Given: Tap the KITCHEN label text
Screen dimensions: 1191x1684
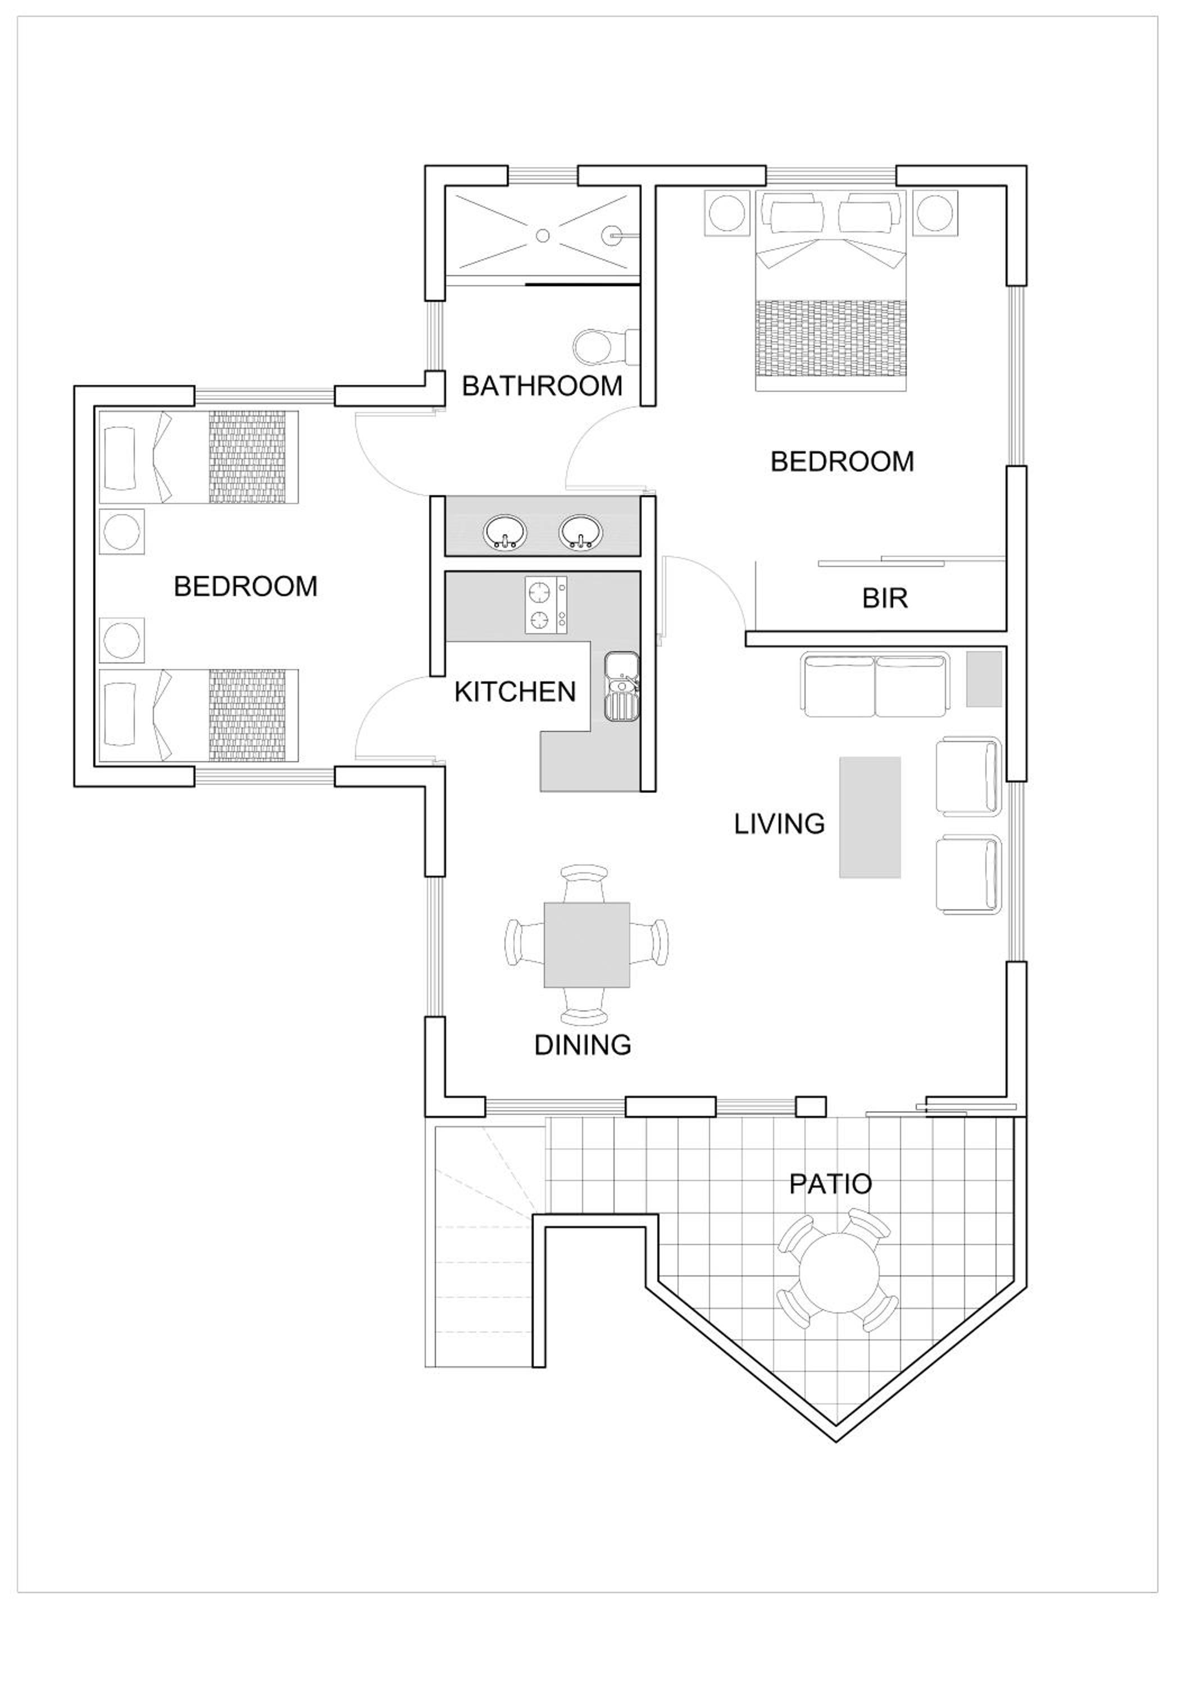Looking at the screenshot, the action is [515, 692].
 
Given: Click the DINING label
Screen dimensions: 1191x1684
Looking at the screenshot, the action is [583, 1045].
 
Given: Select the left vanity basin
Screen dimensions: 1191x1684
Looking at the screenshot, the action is [505, 533].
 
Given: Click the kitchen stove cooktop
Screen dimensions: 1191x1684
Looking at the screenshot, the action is [546, 605].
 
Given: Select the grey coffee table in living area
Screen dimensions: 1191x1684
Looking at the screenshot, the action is [870, 817].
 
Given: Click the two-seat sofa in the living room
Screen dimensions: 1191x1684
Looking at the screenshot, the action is [875, 684].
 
